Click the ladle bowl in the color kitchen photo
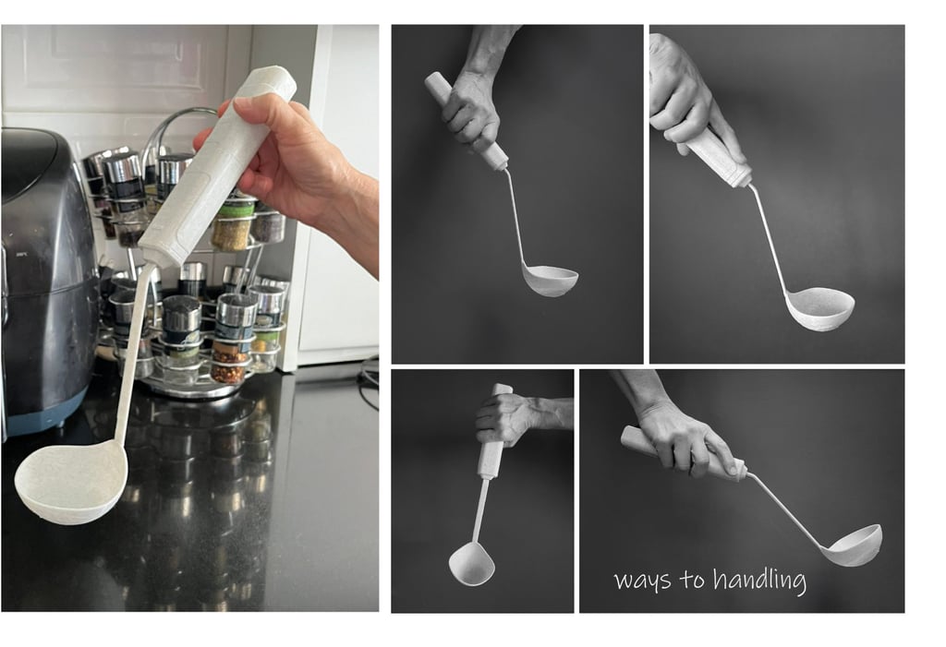[70, 479]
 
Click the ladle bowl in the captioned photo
[851, 545]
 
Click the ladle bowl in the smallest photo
[471, 562]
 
